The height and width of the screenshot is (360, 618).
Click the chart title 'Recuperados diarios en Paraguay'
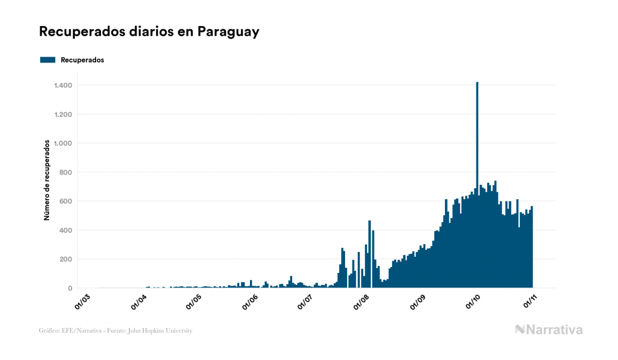(149, 32)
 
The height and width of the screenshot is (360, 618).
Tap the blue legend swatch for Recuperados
(48, 60)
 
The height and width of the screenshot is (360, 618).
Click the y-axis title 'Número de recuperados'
(47, 180)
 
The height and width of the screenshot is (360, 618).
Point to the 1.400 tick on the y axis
(64, 85)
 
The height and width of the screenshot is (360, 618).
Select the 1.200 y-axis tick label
(64, 114)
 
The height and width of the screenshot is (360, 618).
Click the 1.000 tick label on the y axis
(64, 143)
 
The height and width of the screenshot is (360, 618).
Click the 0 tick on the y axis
(70, 288)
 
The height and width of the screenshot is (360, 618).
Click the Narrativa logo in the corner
(549, 330)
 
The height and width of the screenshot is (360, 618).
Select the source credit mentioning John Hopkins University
(115, 331)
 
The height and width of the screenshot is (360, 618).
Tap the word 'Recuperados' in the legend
(82, 60)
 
